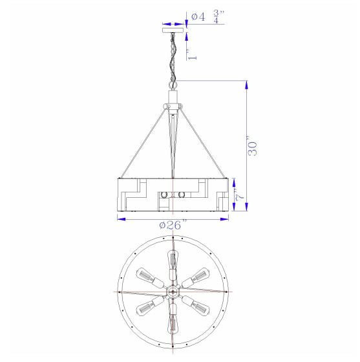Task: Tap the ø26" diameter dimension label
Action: point(173,225)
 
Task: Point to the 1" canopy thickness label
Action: point(192,54)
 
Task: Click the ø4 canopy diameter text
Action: point(198,17)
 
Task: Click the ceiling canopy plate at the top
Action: point(173,30)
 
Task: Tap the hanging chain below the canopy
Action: point(173,57)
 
